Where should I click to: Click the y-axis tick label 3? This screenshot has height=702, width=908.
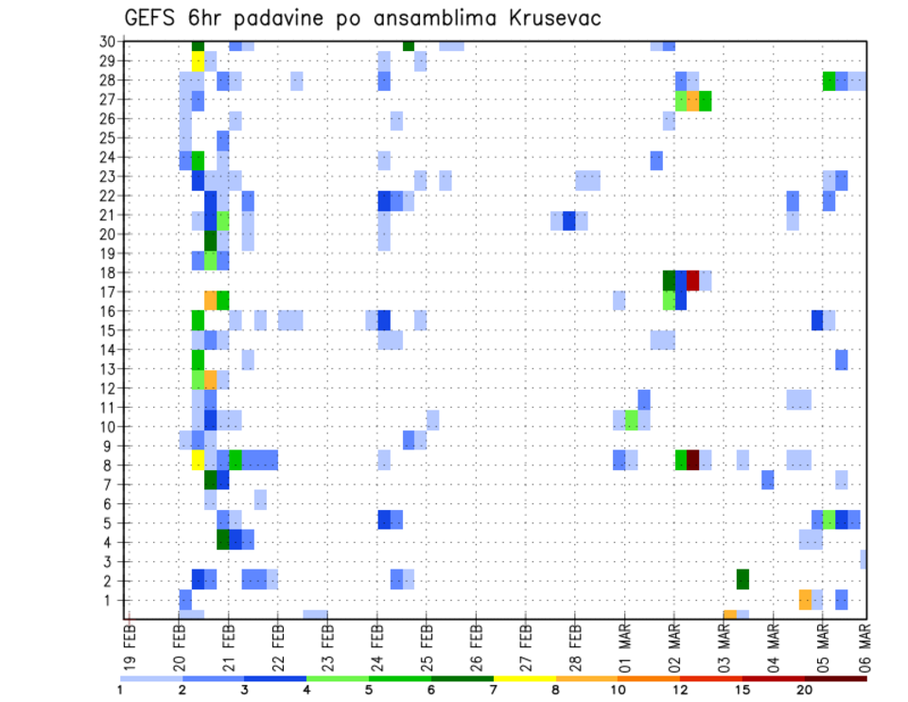tap(110, 561)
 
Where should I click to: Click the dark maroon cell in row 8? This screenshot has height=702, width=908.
tap(693, 460)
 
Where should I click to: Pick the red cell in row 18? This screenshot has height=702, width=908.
tap(693, 280)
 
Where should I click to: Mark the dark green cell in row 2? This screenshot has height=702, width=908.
tap(742, 579)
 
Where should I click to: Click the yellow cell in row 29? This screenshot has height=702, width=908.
tap(198, 61)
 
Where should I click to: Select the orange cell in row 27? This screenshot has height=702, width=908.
tap(693, 100)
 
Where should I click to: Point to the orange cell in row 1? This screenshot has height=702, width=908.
tap(805, 599)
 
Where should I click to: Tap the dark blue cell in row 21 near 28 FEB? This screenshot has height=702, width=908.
tap(569, 220)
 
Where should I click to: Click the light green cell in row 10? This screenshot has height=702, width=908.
tap(631, 419)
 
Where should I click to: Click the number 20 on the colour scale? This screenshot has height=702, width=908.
tap(805, 689)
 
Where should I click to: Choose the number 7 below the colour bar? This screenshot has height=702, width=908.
tap(495, 689)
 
